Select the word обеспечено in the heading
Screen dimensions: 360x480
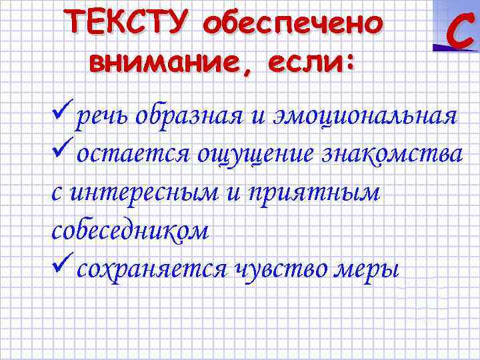(294, 24)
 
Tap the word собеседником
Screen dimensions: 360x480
(130, 231)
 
